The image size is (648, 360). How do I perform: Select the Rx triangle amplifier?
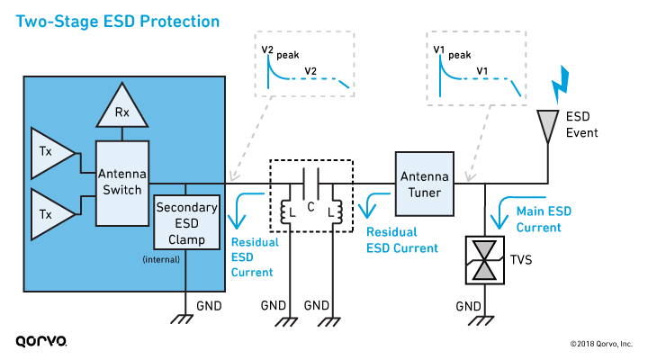point(120,109)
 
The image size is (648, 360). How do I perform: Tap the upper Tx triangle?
point(50,151)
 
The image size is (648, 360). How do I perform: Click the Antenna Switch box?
point(122,183)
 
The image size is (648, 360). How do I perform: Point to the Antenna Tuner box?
point(423,183)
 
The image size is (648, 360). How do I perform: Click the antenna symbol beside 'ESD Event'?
point(547,127)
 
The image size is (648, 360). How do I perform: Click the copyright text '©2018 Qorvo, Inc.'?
point(600,343)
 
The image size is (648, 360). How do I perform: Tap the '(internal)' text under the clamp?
point(163,260)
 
